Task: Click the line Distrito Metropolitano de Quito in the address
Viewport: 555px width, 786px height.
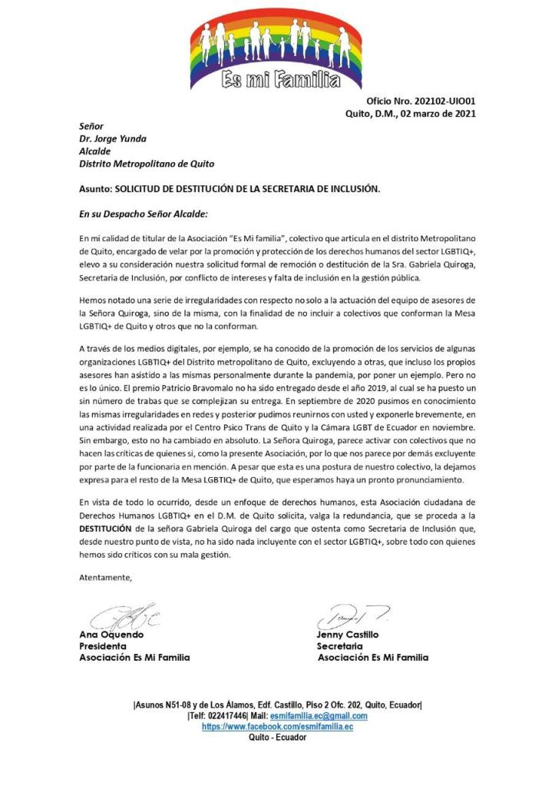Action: [x=147, y=164]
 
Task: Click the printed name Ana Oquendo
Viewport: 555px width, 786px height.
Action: [x=112, y=635]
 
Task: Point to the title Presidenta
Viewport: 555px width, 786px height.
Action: [x=103, y=646]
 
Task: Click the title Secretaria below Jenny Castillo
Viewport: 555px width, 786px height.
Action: [x=339, y=646]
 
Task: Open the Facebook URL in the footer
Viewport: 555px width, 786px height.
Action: [x=277, y=726]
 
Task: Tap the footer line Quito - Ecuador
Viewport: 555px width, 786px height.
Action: [x=277, y=737]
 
